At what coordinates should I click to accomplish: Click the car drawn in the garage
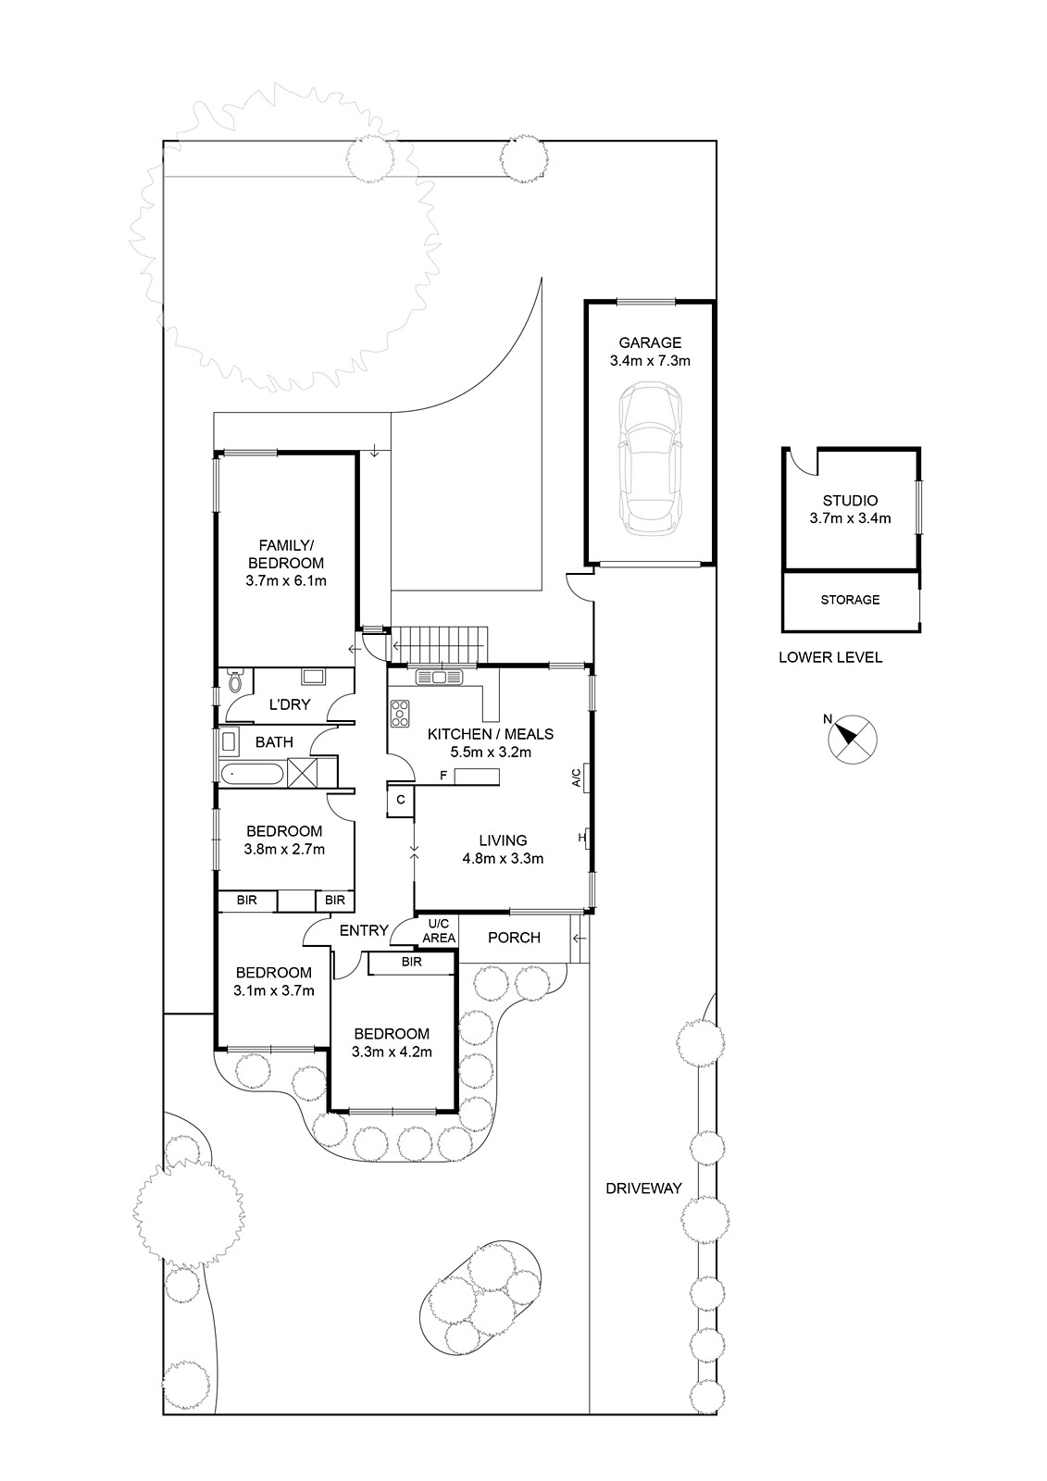coord(649,459)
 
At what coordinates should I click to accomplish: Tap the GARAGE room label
coord(650,342)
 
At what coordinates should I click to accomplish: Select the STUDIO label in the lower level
coord(850,501)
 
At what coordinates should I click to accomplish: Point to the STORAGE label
coord(850,600)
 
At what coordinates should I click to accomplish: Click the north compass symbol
coord(852,740)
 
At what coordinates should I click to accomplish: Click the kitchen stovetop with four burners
coord(400,714)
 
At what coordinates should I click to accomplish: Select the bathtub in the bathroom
coord(252,774)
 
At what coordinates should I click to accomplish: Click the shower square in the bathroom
coord(303,772)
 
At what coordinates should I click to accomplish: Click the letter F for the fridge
coord(443,774)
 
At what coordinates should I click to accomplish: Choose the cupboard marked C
coord(401,800)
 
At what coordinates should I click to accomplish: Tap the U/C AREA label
coord(439,931)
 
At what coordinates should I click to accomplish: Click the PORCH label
coord(514,938)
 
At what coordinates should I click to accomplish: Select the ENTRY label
coord(363,930)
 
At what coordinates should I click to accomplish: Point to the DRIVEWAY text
coord(643,1189)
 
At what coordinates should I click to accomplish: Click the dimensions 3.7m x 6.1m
coord(286,581)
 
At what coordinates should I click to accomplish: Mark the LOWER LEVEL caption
coord(830,657)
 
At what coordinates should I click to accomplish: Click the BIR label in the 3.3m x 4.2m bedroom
coord(411,962)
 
